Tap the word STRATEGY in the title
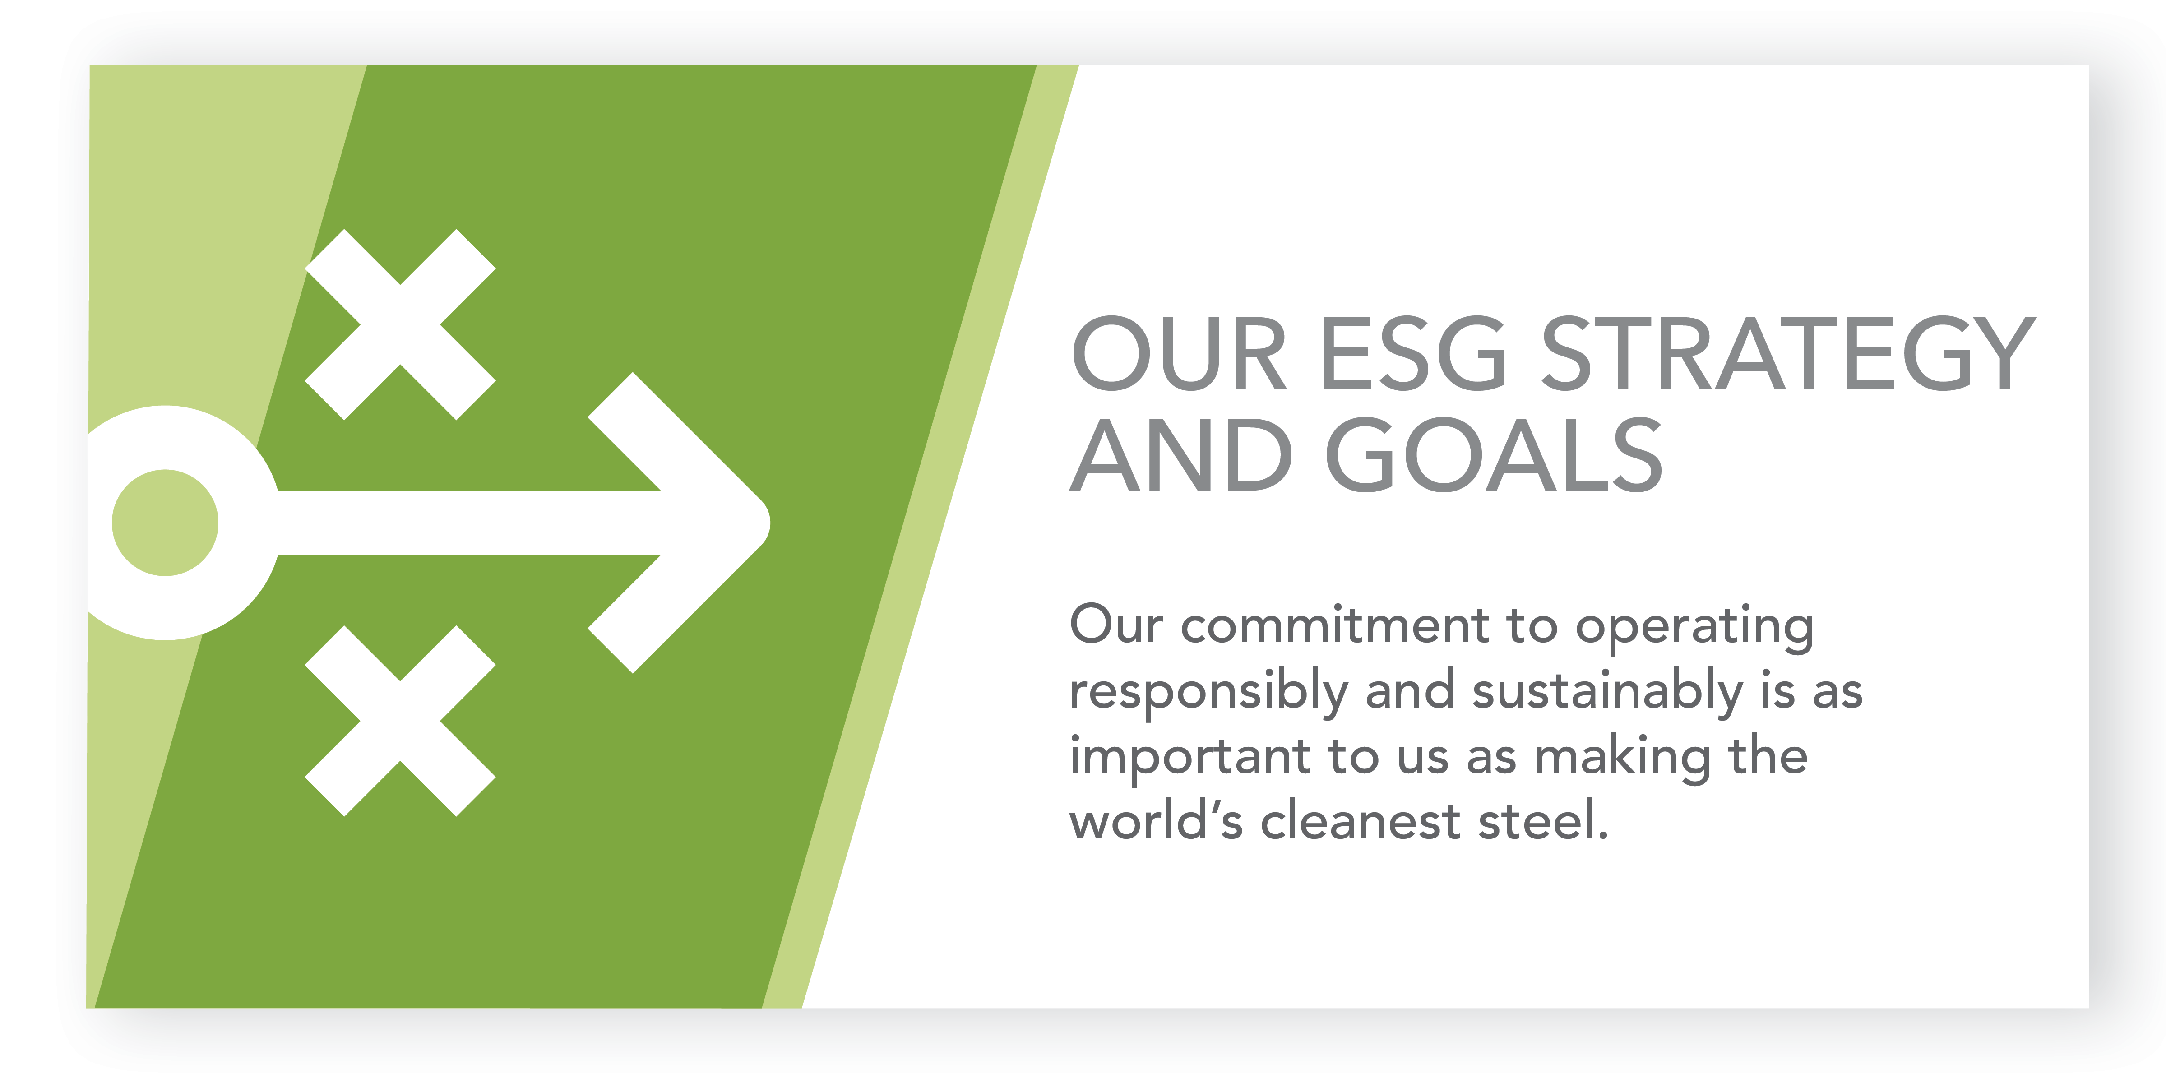coord(1789,353)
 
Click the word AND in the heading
coord(1180,455)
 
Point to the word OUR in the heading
coord(1179,353)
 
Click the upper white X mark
coord(400,324)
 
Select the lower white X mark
coord(400,721)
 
